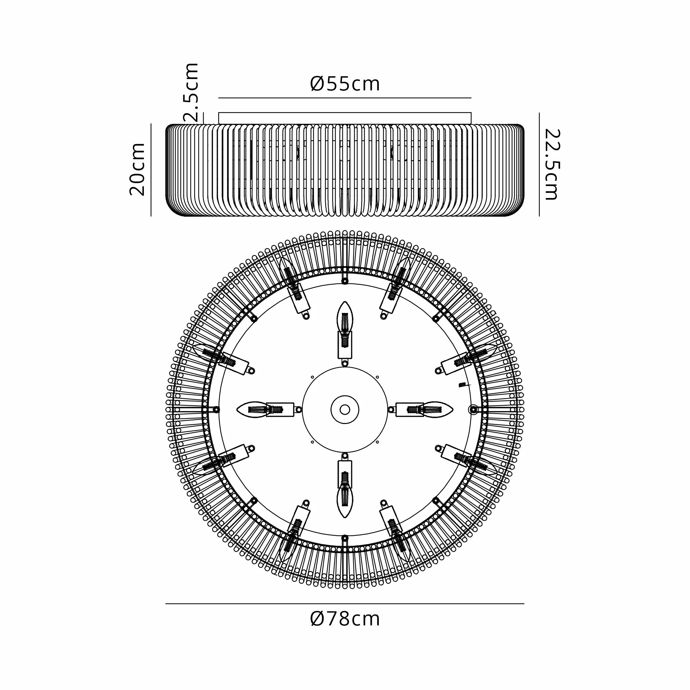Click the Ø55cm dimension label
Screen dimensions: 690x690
[x=345, y=84]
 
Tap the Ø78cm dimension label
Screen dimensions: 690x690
[x=345, y=619]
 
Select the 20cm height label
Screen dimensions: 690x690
[x=138, y=169]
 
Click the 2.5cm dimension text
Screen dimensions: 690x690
[x=191, y=92]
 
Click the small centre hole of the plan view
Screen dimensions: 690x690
[x=345, y=410]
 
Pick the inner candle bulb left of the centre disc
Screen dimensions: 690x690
[x=252, y=410]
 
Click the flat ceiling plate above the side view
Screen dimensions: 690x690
[x=345, y=118]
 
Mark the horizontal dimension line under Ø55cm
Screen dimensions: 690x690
[x=345, y=98]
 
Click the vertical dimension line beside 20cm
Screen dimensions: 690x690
[x=151, y=170]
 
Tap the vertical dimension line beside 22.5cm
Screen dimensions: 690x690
[x=539, y=164]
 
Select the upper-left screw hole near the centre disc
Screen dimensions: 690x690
[x=312, y=377]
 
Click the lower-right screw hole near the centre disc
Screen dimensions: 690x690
[x=377, y=442]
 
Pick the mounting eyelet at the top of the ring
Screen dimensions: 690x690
[x=345, y=282]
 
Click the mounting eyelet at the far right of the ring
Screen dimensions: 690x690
[x=473, y=410]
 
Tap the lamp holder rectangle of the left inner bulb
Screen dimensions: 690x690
[x=280, y=410]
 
